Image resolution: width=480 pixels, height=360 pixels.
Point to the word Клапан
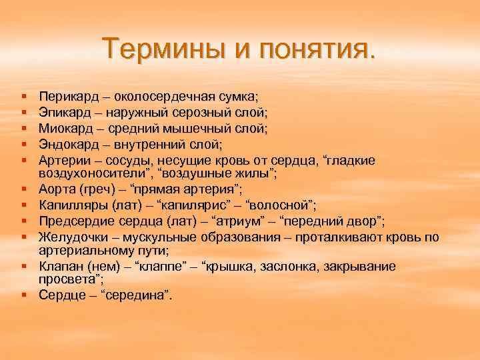(x=59, y=266)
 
